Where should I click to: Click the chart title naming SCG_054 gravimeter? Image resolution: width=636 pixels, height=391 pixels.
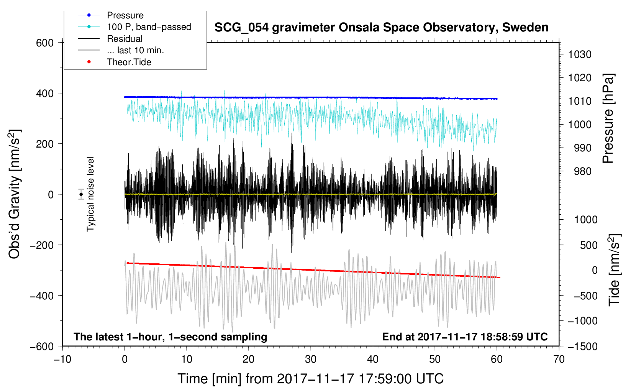381,28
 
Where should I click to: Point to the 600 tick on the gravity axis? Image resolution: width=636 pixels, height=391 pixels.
44,43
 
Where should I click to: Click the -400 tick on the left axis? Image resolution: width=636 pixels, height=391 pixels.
41,296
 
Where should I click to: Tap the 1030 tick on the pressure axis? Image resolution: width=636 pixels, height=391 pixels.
580,54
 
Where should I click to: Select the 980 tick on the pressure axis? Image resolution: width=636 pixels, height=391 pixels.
583,171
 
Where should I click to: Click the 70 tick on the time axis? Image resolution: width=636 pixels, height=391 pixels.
559,359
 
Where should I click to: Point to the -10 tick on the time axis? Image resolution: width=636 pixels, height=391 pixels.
62,359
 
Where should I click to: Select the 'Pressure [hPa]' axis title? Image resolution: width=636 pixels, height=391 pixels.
608,118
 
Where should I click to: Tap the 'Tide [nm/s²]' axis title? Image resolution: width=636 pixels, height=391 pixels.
614,270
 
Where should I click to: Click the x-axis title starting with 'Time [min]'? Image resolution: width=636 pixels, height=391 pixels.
311,379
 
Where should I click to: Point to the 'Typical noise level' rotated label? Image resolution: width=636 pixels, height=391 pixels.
90,194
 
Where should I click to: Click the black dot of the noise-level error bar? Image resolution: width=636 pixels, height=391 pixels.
81,194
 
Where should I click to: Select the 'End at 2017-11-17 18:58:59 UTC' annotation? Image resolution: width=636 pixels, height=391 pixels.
465,337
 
